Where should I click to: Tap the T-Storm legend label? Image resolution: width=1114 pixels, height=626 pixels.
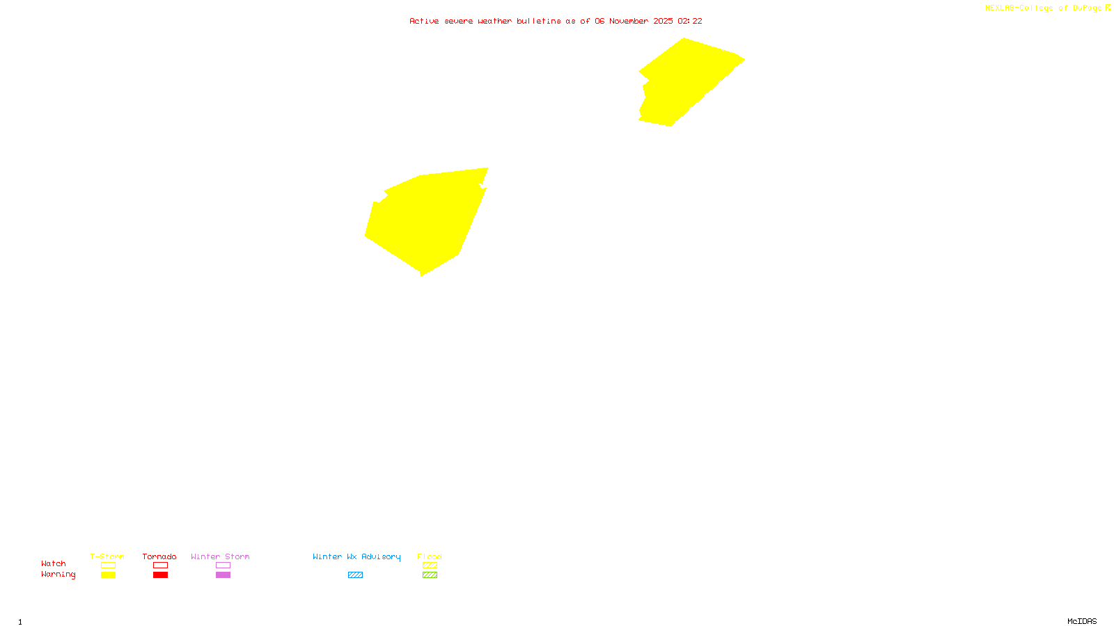pyautogui.click(x=107, y=556)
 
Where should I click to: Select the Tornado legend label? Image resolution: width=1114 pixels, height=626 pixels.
pyautogui.click(x=159, y=556)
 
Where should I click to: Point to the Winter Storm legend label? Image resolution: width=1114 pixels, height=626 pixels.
pyautogui.click(x=220, y=556)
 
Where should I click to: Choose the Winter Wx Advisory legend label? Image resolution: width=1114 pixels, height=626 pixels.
pyautogui.click(x=356, y=556)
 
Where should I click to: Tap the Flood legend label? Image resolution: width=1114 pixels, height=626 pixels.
pyautogui.click(x=430, y=556)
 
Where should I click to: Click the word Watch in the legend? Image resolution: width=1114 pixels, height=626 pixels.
pyautogui.click(x=54, y=563)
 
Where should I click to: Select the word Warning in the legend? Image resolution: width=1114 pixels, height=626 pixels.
pyautogui.click(x=58, y=575)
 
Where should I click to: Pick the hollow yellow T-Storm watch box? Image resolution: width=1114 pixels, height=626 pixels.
pyautogui.click(x=108, y=565)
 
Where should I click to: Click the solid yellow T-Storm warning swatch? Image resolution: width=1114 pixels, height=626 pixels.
pyautogui.click(x=108, y=575)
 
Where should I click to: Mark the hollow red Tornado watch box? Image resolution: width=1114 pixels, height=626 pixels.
pyautogui.click(x=160, y=565)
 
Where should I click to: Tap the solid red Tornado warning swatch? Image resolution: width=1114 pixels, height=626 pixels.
pyautogui.click(x=160, y=575)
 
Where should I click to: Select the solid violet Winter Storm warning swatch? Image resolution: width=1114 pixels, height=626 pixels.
pyautogui.click(x=223, y=575)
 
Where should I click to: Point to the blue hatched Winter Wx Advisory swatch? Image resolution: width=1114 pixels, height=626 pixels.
pyautogui.click(x=355, y=575)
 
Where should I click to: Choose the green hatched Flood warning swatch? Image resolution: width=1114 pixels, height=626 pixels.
pyautogui.click(x=430, y=575)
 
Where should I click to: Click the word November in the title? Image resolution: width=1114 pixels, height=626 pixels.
pyautogui.click(x=629, y=21)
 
